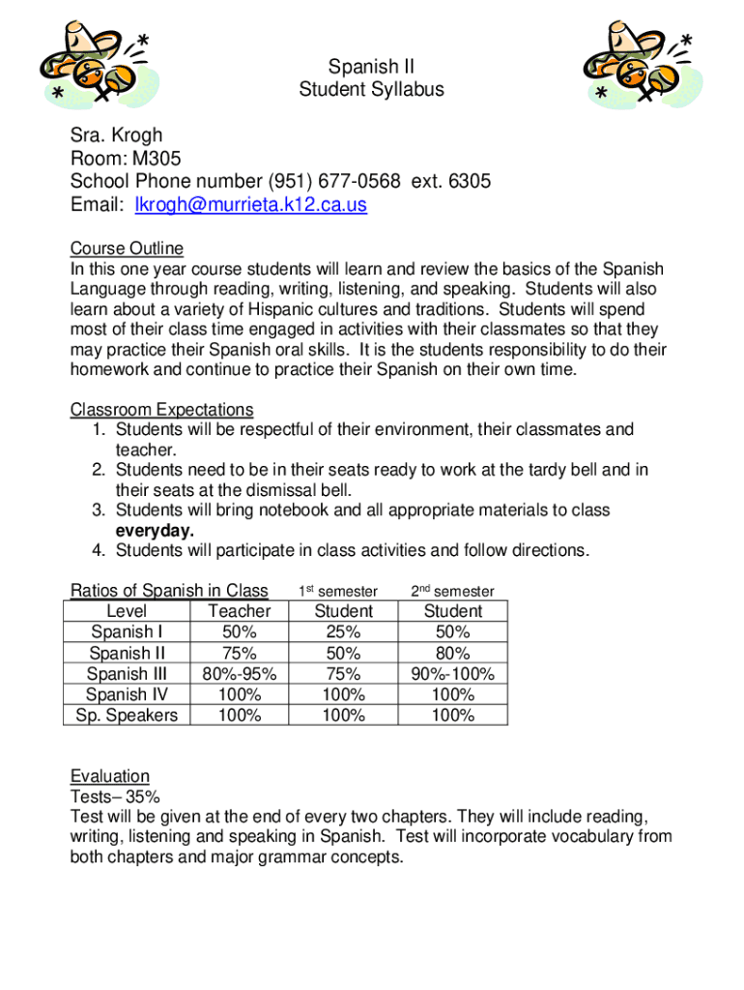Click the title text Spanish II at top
(x=371, y=67)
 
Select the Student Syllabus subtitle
(x=371, y=90)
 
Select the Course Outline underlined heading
(x=127, y=248)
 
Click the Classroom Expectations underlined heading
(x=161, y=409)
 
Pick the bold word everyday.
(x=155, y=530)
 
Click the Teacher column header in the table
(x=240, y=611)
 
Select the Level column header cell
(x=127, y=611)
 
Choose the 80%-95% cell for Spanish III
(x=240, y=674)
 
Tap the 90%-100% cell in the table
(x=452, y=674)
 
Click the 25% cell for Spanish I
(x=343, y=632)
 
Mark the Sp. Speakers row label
(x=127, y=715)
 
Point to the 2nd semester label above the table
(x=452, y=591)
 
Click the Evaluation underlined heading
(x=110, y=775)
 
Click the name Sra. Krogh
(x=117, y=135)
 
